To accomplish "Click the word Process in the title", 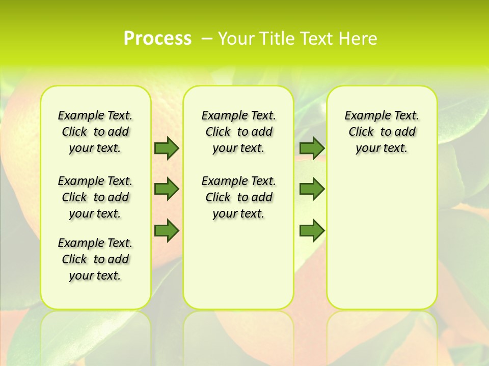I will point(157,38).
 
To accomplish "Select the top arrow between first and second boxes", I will point(167,148).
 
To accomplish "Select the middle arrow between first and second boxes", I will point(167,189).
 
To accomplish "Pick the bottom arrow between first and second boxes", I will point(167,230).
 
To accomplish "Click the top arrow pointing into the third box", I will point(312,148).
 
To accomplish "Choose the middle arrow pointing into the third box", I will point(312,189).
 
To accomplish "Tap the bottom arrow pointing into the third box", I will point(312,230).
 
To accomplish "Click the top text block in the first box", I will point(95,132).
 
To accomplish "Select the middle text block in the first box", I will point(95,197).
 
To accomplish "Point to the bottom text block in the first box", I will point(95,259).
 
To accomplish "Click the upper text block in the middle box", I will point(238,132).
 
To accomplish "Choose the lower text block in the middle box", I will point(238,197).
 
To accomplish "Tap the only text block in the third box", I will point(382,132).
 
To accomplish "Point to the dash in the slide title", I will point(207,38).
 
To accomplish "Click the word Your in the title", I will point(236,38).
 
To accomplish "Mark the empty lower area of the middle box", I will point(238,264).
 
